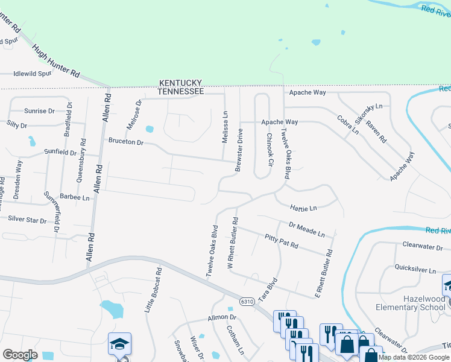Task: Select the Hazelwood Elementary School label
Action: (415, 303)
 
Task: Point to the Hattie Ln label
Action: (303, 208)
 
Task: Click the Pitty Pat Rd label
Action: (281, 242)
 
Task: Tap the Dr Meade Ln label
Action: (307, 229)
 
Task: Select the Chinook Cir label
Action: (270, 151)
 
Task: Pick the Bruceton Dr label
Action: (126, 142)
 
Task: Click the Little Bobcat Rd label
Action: (154, 290)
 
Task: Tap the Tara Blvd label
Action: (268, 291)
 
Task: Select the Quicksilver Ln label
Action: (415, 269)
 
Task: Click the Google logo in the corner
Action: (20, 355)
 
